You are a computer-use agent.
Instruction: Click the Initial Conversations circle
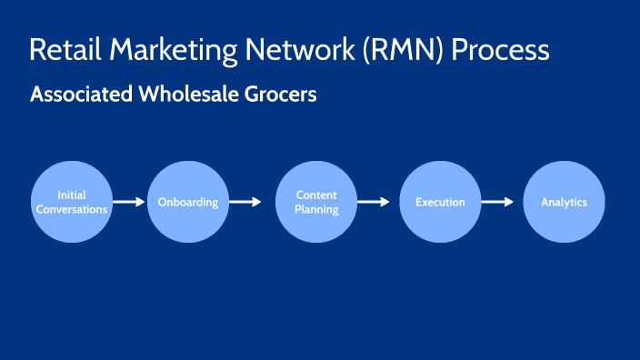pos(72,202)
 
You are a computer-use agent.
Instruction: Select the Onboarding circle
pos(187,202)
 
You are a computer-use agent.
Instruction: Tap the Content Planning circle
pos(316,202)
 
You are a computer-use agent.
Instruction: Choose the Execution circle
pos(440,202)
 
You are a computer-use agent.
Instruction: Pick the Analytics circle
pos(564,202)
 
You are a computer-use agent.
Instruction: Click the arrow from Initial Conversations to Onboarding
pos(129,202)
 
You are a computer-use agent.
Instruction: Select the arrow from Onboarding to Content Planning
pos(245,202)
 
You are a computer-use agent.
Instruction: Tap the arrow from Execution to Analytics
pos(497,202)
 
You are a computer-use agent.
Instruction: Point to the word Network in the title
pos(291,49)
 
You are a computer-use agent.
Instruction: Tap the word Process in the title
pos(504,49)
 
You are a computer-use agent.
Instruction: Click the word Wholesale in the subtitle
pos(182,95)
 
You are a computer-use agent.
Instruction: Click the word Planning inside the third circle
pos(316,209)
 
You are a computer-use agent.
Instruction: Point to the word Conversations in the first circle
pos(72,209)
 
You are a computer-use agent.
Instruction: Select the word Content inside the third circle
pos(316,195)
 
